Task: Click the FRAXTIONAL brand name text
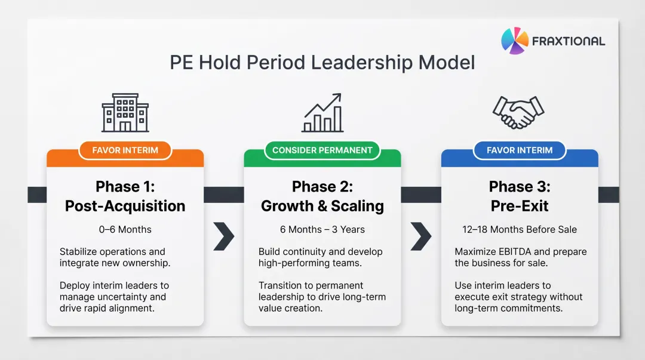click(569, 41)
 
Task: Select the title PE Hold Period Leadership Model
click(322, 63)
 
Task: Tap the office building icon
click(125, 112)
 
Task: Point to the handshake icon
click(518, 112)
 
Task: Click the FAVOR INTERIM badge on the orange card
click(125, 150)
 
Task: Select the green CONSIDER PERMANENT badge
click(322, 150)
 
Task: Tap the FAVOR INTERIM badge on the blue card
click(519, 150)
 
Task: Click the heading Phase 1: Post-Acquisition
click(125, 196)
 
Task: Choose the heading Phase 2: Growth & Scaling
click(322, 196)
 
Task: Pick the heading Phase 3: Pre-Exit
click(519, 196)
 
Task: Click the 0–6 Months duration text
click(125, 229)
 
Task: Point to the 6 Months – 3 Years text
click(322, 229)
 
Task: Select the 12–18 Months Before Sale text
click(519, 229)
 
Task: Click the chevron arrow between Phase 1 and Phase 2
click(223, 237)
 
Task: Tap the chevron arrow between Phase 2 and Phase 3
click(420, 237)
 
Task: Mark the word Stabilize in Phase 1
click(79, 252)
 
